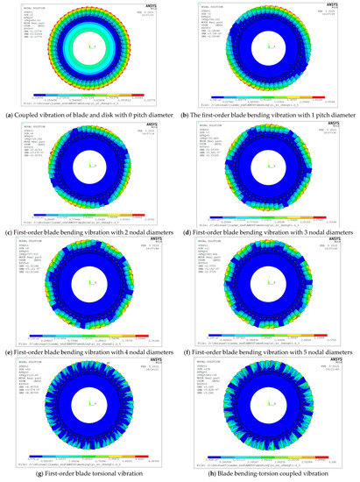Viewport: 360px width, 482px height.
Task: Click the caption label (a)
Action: (8, 110)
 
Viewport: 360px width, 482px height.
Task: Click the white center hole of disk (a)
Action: (90, 46)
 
